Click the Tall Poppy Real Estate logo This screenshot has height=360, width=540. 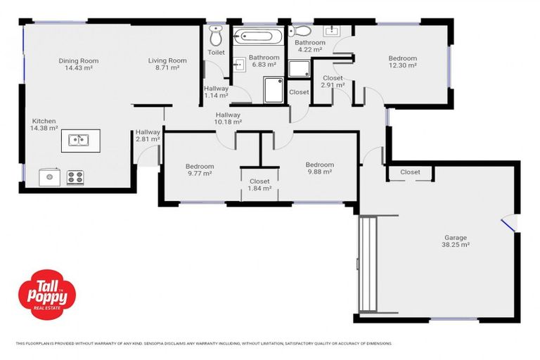click(x=46, y=292)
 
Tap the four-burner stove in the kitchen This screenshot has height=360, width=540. click(x=75, y=177)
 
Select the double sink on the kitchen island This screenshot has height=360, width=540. click(x=79, y=140)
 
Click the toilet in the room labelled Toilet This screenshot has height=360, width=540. click(x=215, y=35)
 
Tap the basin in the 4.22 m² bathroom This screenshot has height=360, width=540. click(x=330, y=30)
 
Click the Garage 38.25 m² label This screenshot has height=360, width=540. click(x=455, y=242)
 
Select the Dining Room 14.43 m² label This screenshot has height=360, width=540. click(x=78, y=65)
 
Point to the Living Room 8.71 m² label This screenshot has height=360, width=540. click(x=167, y=65)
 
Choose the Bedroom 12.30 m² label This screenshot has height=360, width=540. click(x=402, y=62)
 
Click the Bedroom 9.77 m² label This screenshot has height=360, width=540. click(x=200, y=171)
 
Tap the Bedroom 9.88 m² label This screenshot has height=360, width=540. click(x=319, y=169)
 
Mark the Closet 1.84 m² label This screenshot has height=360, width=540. click(x=259, y=185)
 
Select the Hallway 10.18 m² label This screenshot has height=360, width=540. click(x=228, y=118)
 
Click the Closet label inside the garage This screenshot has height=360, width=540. click(x=410, y=172)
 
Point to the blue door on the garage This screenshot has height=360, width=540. click(x=507, y=224)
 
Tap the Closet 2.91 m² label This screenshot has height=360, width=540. click(x=332, y=82)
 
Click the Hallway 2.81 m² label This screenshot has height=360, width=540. click(x=148, y=136)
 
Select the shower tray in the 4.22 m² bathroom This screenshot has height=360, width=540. click(x=299, y=68)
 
